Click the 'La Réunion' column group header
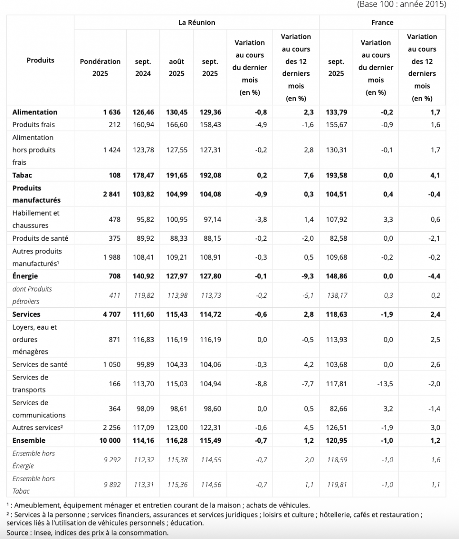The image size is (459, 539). click(x=196, y=22)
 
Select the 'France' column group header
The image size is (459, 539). click(x=382, y=22)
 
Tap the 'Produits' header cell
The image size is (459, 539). click(x=40, y=60)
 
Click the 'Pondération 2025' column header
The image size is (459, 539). click(x=100, y=67)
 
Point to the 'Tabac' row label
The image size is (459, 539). click(x=22, y=175)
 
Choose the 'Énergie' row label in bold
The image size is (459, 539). click(x=25, y=276)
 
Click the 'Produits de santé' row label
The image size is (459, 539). click(x=40, y=239)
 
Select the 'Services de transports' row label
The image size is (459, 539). click(x=30, y=384)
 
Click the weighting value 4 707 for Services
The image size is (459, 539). click(x=110, y=314)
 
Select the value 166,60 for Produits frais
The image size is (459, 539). click(x=177, y=125)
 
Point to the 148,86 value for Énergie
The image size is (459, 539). click(x=336, y=276)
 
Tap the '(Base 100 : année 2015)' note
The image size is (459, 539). click(x=401, y=4)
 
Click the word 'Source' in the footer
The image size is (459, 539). click(x=18, y=533)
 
